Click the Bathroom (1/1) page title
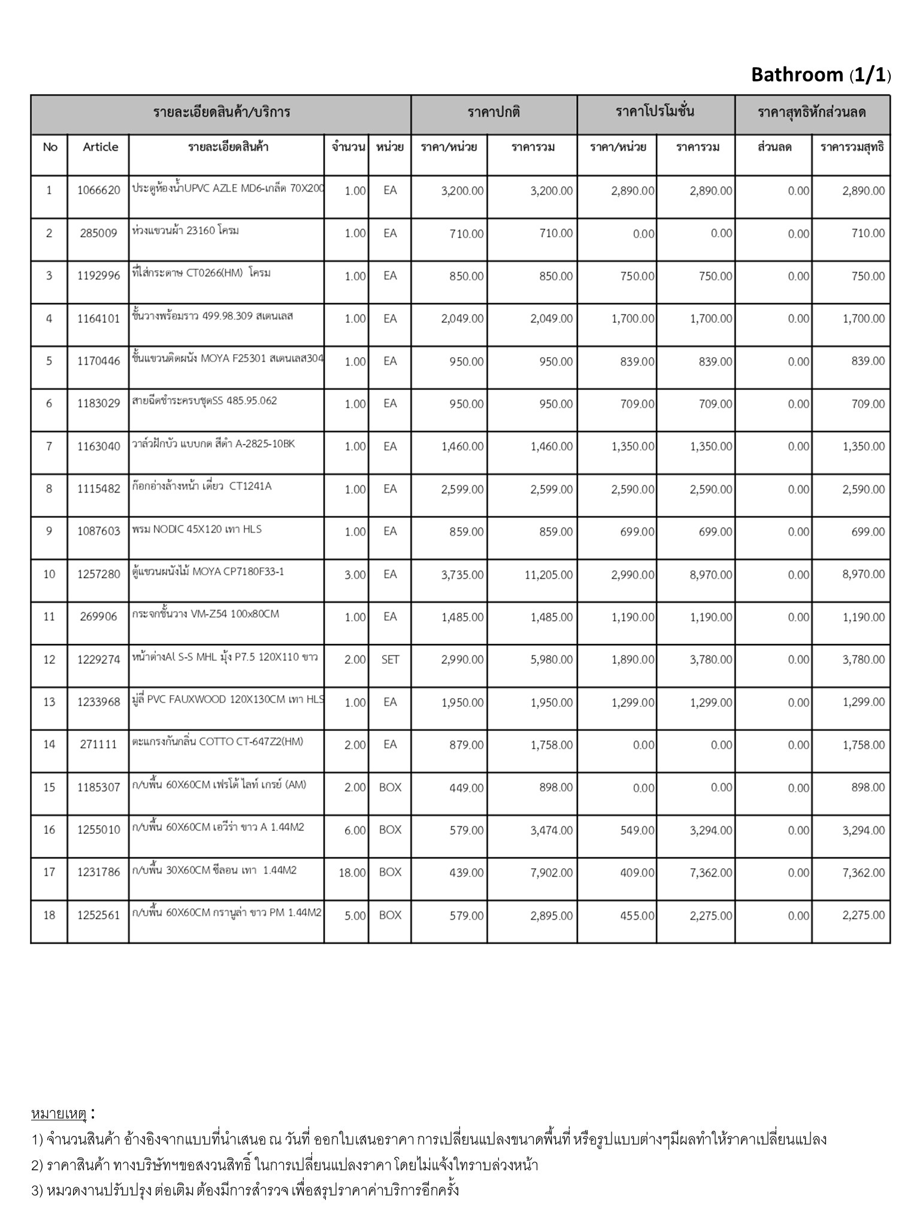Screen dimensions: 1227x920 click(821, 75)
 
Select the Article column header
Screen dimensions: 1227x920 click(100, 147)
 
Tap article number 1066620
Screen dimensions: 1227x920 click(98, 191)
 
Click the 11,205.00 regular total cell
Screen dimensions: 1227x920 click(549, 575)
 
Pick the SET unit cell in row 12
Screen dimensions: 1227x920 click(390, 660)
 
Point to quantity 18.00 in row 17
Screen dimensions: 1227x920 click(352, 873)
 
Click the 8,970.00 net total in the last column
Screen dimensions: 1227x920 click(863, 575)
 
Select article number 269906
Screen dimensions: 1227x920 click(98, 616)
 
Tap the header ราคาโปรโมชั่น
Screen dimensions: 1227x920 click(655, 112)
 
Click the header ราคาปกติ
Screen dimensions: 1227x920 click(494, 112)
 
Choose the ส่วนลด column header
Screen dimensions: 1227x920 click(774, 147)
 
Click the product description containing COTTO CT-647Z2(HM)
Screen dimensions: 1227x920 click(217, 742)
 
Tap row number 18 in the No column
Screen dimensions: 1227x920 click(49, 915)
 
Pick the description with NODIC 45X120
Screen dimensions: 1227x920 click(197, 530)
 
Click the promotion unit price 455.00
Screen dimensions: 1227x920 click(637, 915)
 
